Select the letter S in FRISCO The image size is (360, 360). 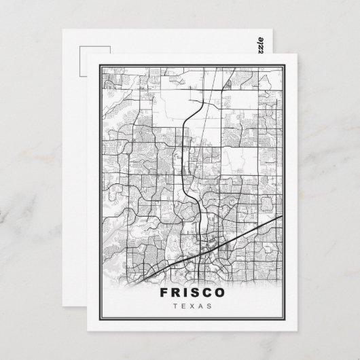[199, 294]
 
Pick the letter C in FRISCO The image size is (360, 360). [211, 294]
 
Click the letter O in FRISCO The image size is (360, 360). [224, 294]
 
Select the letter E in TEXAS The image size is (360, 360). [184, 306]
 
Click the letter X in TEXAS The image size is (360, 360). [194, 306]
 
